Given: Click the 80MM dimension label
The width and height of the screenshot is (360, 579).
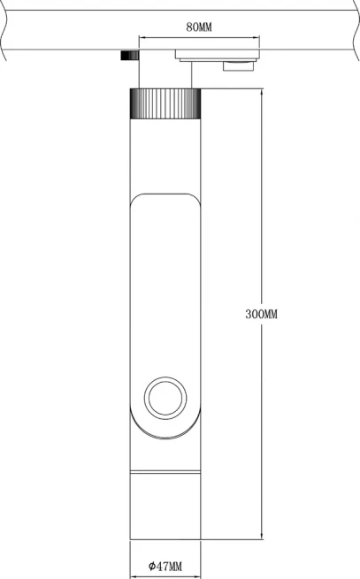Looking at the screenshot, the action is [199, 27].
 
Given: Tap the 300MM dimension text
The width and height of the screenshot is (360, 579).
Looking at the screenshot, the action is [261, 314].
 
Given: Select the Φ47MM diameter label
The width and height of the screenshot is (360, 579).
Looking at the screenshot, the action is [165, 566].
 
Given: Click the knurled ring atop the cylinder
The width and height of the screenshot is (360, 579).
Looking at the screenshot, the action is [165, 103].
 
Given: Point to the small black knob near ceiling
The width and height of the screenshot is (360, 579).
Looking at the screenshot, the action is [130, 55].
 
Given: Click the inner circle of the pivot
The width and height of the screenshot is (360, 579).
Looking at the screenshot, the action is [165, 398].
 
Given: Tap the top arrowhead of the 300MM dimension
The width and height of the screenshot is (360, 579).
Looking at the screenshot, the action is [262, 92].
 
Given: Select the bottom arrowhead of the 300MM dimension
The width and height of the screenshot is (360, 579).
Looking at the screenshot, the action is [262, 536].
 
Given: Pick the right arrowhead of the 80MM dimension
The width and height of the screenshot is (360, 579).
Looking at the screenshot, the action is [256, 37].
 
